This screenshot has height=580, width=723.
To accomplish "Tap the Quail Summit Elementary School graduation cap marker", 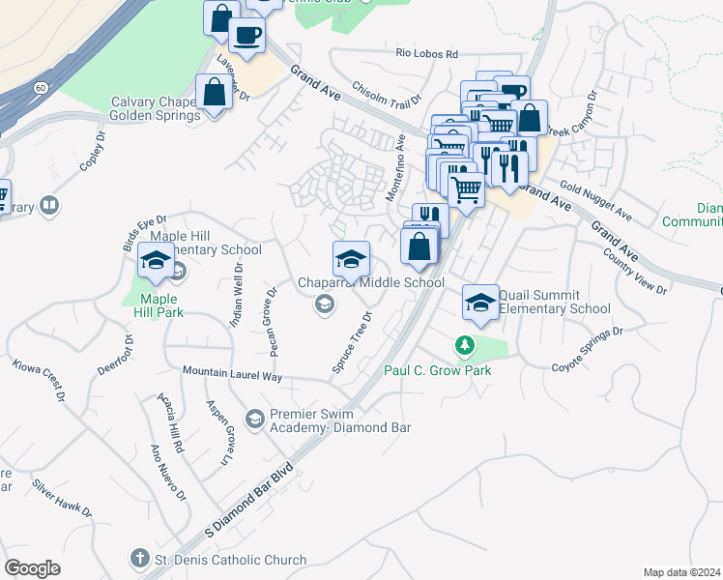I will click(480, 302).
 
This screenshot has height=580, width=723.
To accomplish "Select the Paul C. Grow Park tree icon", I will click(465, 344).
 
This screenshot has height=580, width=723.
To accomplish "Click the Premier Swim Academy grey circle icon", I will click(255, 418).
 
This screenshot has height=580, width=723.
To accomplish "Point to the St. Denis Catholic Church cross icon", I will click(140, 559).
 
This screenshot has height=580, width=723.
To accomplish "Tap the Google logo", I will click(32, 568).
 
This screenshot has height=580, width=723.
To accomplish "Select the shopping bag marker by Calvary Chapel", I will click(213, 92).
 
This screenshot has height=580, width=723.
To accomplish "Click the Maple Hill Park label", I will click(159, 305).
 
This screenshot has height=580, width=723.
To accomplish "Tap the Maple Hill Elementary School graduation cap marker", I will click(156, 259).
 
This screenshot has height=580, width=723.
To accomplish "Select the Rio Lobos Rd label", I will click(426, 54).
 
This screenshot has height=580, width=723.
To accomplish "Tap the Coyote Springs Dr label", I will click(588, 349).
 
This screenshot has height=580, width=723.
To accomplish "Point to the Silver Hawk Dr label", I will click(62, 497).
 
